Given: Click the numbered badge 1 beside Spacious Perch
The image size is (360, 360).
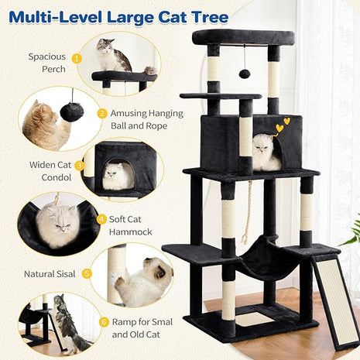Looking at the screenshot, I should pos(77,57).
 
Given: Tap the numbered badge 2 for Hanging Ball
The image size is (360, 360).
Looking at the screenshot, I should pos(102,113).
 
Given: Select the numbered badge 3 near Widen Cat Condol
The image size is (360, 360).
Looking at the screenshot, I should pos(79,165).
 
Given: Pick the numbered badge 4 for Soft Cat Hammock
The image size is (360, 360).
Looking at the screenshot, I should pos(101,218).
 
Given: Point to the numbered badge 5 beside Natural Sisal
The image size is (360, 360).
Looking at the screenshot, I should pos(87,273).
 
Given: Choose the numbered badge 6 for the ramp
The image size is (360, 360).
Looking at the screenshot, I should pos(105,321).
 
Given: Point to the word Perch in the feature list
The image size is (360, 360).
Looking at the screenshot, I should pos(46,69).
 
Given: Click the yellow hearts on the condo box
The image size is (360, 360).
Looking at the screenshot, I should pos(283,122).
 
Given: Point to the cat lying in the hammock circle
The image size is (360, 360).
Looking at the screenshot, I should pos(57,225).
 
